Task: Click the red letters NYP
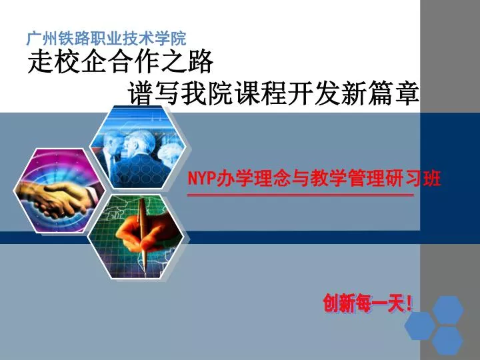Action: click(x=199, y=179)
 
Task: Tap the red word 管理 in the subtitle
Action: click(x=367, y=179)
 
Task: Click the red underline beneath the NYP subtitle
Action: click(x=300, y=195)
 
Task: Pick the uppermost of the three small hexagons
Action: click(x=448, y=309)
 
